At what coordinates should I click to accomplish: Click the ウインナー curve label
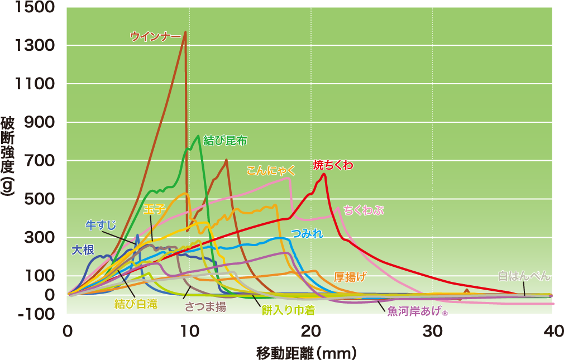[x=155, y=36]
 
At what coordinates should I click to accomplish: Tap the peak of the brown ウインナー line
[x=185, y=32]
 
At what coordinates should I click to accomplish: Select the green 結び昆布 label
[x=226, y=140]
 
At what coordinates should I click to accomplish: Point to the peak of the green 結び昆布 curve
[x=198, y=136]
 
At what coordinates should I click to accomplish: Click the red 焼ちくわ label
[x=333, y=165]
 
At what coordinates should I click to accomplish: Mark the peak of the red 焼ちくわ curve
[x=324, y=174]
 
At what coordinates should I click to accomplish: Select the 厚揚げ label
[x=350, y=277]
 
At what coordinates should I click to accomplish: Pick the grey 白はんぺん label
[x=524, y=276]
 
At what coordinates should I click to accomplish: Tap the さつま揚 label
[x=206, y=306]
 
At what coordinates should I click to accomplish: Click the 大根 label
[x=83, y=249]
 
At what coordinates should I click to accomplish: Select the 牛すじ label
[x=101, y=225]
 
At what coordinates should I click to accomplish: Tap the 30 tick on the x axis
[x=432, y=330]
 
